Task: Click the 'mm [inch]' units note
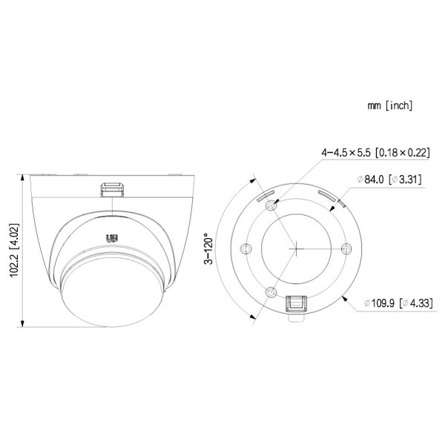(x=389, y=106)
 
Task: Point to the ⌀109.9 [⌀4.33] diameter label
(x=398, y=303)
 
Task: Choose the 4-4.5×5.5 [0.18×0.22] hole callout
(x=375, y=152)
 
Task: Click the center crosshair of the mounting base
(x=294, y=248)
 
